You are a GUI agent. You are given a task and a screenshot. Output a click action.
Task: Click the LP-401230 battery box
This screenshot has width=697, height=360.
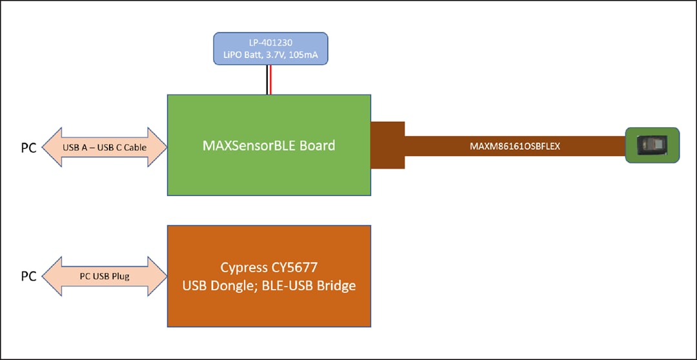point(270,48)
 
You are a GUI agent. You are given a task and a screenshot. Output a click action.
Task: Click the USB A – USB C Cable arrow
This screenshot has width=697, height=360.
point(104,147)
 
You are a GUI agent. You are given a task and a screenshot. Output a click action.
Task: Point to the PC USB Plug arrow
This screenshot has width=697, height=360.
point(104,276)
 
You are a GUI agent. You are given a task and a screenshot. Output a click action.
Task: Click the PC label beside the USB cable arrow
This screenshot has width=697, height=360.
point(28,147)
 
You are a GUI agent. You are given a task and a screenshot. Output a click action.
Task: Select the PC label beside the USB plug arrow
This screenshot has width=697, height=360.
point(28,276)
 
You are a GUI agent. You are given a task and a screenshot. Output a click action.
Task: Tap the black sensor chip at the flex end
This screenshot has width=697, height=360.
point(651,145)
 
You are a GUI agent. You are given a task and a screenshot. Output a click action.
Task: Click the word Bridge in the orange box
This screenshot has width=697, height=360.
point(336,285)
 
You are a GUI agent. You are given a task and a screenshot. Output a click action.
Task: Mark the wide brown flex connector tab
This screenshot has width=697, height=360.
point(387,145)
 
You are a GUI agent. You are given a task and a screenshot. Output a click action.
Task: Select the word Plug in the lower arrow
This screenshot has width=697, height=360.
point(119,276)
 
